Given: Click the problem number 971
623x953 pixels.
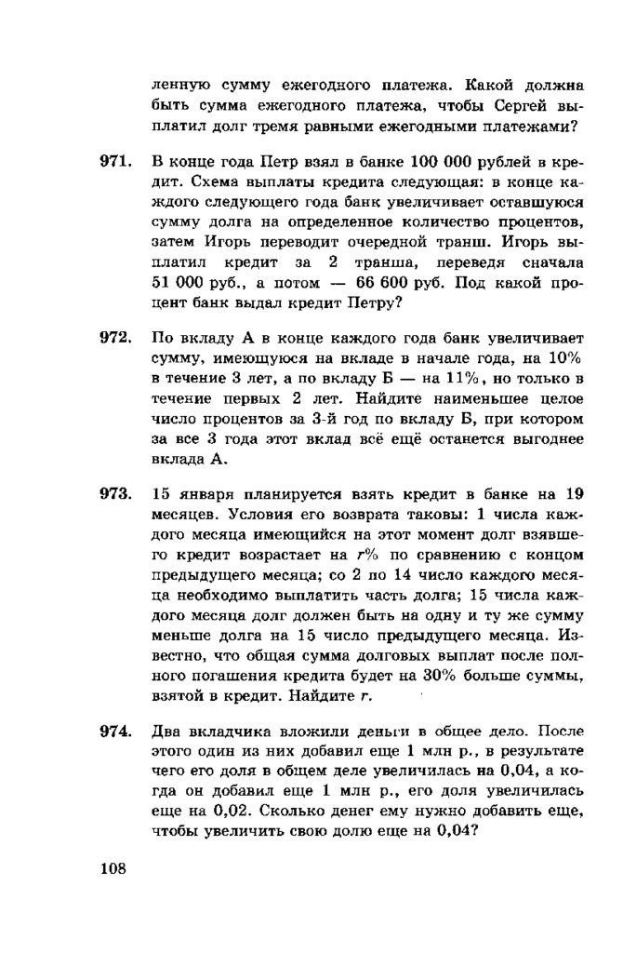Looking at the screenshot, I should pyautogui.click(x=113, y=162).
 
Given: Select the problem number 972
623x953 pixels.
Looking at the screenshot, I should pyautogui.click(x=113, y=336).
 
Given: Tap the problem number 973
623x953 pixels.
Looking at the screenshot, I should pyautogui.click(x=113, y=493).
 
